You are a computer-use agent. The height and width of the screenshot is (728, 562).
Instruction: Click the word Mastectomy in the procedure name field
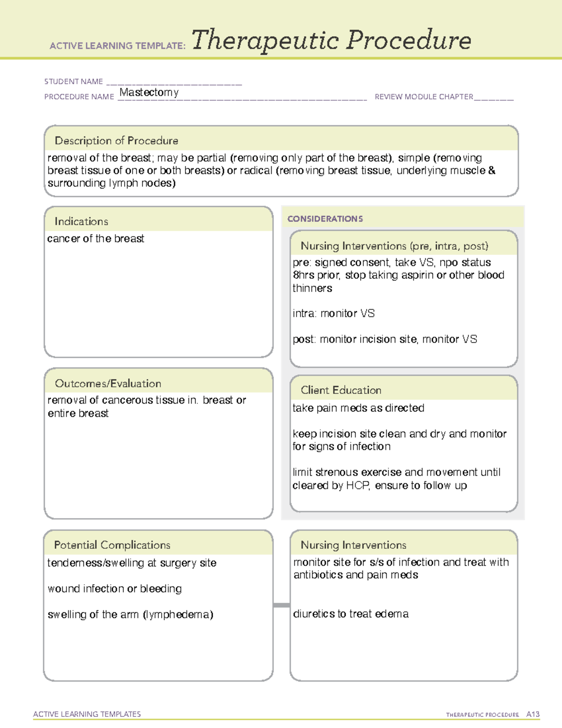(x=149, y=92)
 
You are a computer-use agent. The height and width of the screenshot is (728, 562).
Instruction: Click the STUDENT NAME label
(x=74, y=82)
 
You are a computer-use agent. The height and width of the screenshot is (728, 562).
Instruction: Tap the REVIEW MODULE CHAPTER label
(x=424, y=97)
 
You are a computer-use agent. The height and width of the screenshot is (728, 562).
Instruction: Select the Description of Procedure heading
(x=116, y=141)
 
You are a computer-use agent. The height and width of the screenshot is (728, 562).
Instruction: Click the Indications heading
(x=81, y=221)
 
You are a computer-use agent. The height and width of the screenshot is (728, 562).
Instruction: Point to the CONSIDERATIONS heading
(x=325, y=219)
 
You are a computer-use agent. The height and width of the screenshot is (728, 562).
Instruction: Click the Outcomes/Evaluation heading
(x=108, y=383)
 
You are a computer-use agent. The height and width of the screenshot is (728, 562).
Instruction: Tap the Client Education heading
(x=341, y=390)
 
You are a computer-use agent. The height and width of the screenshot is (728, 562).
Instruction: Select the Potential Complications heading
(x=112, y=545)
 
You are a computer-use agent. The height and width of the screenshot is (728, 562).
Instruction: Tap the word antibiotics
(x=318, y=575)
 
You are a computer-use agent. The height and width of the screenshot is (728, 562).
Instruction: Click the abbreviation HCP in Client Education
(x=358, y=486)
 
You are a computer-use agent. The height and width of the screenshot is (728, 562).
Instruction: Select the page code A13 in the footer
(x=532, y=714)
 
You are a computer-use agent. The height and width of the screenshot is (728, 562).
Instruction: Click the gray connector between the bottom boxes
(x=281, y=605)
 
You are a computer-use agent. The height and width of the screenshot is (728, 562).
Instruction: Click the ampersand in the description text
(x=491, y=171)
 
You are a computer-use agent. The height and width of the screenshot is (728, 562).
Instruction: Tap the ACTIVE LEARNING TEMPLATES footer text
(x=87, y=714)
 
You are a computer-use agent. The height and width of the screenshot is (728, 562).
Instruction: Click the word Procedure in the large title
(x=408, y=40)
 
